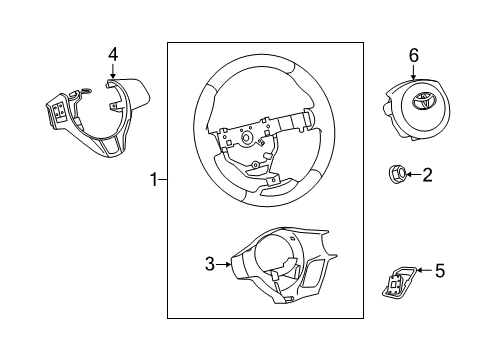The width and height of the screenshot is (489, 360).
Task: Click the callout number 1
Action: tap(154, 180)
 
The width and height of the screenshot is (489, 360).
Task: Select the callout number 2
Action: tap(427, 176)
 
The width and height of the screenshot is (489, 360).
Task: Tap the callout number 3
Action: tap(209, 264)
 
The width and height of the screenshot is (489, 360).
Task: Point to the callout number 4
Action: tap(113, 53)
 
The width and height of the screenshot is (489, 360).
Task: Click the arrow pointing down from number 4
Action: tap(113, 70)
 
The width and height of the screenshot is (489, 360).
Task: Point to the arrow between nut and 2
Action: tap(412, 176)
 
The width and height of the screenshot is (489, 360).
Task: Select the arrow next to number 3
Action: tap(224, 264)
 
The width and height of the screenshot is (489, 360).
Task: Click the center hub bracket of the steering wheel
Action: tap(245, 140)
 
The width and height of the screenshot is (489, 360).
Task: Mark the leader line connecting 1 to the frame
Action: tap(162, 180)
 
